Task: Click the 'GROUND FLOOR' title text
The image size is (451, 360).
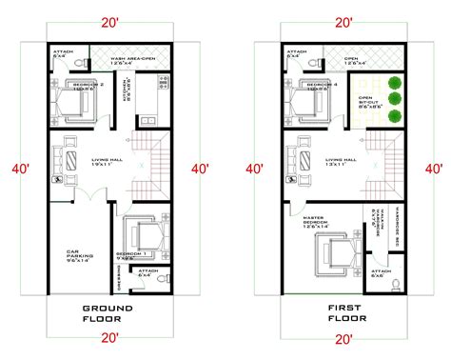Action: [108, 315]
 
